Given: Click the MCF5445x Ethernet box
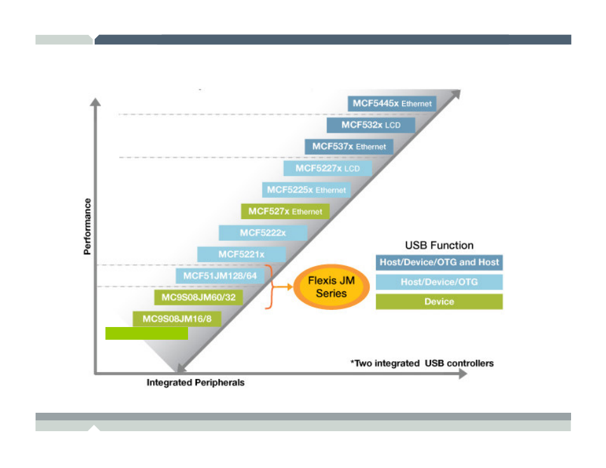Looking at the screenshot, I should pyautogui.click(x=392, y=104).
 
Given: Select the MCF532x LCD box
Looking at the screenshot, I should pyautogui.click(x=370, y=125).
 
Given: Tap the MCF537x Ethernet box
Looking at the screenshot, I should pyautogui.click(x=349, y=147).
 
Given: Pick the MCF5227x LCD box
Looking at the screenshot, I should pyautogui.click(x=327, y=168).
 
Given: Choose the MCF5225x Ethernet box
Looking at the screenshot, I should pyautogui.click(x=306, y=190).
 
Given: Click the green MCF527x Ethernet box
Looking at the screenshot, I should pyautogui.click(x=285, y=211).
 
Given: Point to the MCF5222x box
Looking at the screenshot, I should pyautogui.click(x=263, y=233).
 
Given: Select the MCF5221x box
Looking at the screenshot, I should pyautogui.click(x=241, y=254).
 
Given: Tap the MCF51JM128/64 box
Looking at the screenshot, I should pyautogui.click(x=220, y=276).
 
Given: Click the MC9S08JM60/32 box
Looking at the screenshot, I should pyautogui.click(x=198, y=297).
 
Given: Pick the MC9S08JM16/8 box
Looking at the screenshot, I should pyautogui.click(x=177, y=319).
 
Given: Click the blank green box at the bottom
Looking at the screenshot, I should pyautogui.click(x=147, y=334).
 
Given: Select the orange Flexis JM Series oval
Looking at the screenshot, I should pyautogui.click(x=331, y=287).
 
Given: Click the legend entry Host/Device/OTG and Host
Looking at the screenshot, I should pyautogui.click(x=439, y=262).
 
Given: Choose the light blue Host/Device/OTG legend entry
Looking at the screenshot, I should pyautogui.click(x=439, y=282).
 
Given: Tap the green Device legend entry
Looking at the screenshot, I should pyautogui.click(x=439, y=302).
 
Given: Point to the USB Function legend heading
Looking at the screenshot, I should pyautogui.click(x=439, y=245).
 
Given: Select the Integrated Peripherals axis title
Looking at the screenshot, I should pyautogui.click(x=196, y=383).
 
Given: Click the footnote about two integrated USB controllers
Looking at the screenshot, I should pyautogui.click(x=422, y=363).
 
